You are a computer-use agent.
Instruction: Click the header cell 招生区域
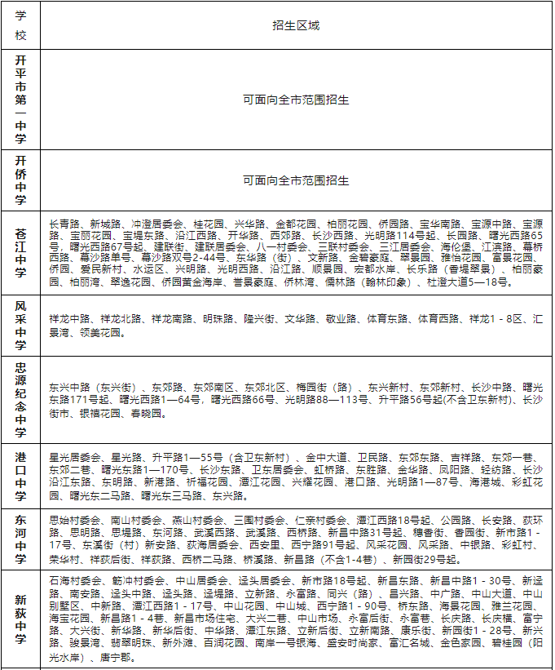pyautogui.click(x=296, y=25)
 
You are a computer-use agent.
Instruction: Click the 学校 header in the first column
pyautogui.click(x=20, y=25)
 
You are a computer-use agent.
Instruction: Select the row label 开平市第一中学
pyautogui.click(x=20, y=99)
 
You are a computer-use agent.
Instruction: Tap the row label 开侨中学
pyautogui.click(x=20, y=180)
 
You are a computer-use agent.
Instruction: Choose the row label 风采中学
pyautogui.click(x=20, y=325)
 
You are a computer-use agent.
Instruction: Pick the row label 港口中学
pyautogui.click(x=20, y=474)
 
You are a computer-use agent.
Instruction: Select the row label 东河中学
pyautogui.click(x=20, y=538)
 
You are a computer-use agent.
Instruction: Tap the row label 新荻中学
pyautogui.click(x=20, y=619)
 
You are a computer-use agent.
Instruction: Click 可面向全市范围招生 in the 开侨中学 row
pyautogui.click(x=296, y=180)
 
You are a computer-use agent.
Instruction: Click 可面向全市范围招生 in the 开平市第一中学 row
pyautogui.click(x=296, y=100)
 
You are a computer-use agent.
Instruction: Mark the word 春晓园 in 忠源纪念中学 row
pyautogui.click(x=147, y=414)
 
